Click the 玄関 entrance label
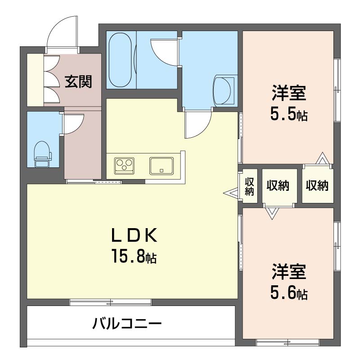coord(78,81)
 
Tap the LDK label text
coord(134,235)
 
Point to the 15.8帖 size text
coord(134,256)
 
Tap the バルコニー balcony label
coord(127,324)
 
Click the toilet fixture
coord(42,154)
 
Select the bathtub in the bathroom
coord(120,60)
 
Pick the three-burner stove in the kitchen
coord(124,166)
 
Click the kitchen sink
coord(162,166)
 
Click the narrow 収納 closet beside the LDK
coord(249,186)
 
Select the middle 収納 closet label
coord(278,185)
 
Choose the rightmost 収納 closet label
coord(317,185)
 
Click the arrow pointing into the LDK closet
coord(231,193)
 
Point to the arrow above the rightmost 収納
coord(323,158)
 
